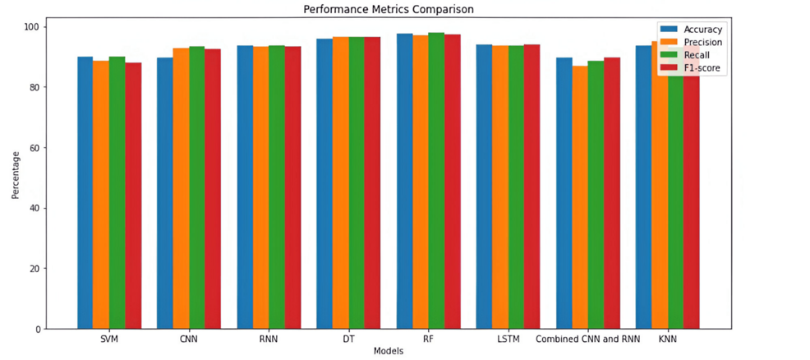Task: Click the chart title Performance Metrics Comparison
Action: pos(388,10)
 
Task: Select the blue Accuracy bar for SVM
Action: pos(85,193)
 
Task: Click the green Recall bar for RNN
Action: pos(277,187)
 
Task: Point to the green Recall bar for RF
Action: pos(436,181)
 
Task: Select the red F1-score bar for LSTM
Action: pos(532,187)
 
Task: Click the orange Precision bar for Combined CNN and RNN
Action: pos(580,197)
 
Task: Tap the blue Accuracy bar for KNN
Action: pos(643,187)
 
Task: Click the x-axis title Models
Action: pos(388,351)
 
